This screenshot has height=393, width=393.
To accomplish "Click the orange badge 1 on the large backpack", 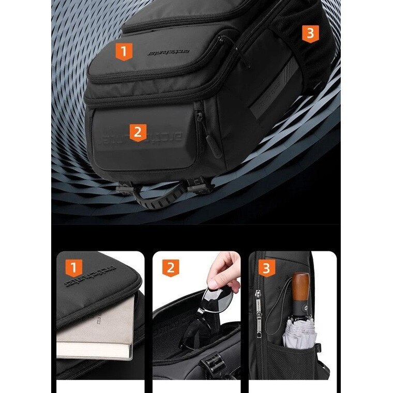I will [124, 51].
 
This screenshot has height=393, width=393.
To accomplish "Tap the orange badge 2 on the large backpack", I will [137, 132].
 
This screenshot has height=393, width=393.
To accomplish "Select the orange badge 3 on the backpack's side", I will [310, 33].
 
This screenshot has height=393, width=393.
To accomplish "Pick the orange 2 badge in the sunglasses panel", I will [170, 267].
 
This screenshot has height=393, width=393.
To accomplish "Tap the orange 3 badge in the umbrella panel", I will [266, 268].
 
